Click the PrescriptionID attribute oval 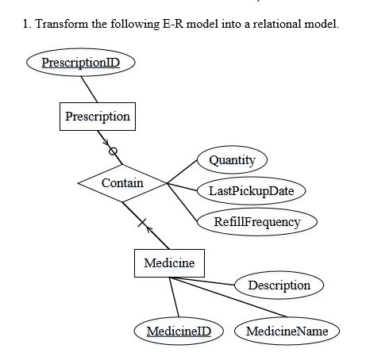tap(75, 63)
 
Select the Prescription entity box tap(98, 117)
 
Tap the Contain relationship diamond tap(122, 183)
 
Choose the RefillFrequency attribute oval tap(257, 221)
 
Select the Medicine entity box tap(169, 262)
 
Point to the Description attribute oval tap(279, 284)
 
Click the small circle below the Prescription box tap(113, 149)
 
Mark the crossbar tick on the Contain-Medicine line tap(143, 225)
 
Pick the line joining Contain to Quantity tap(183, 172)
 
